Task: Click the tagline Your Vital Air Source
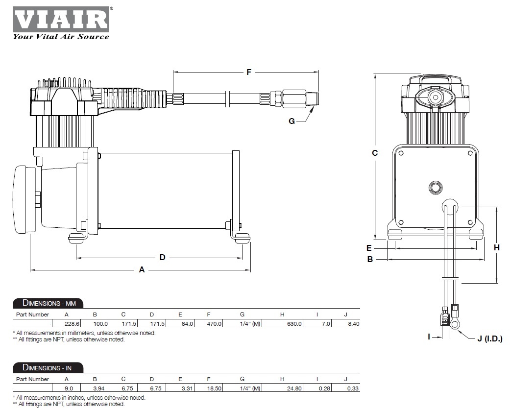pyautogui.click(x=61, y=36)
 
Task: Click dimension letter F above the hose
pyautogui.click(x=248, y=72)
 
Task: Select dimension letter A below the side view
pyautogui.click(x=142, y=269)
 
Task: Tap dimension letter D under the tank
pyautogui.click(x=163, y=257)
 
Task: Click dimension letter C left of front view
pyautogui.click(x=375, y=153)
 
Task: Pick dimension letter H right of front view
pyautogui.click(x=496, y=247)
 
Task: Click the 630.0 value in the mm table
pyautogui.click(x=295, y=323)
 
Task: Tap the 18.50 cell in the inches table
pyautogui.click(x=215, y=388)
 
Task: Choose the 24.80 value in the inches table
pyautogui.click(x=295, y=388)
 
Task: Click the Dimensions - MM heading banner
pyautogui.click(x=48, y=302)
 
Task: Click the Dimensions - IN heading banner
pyautogui.click(x=48, y=367)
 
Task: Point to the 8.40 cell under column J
pyautogui.click(x=352, y=323)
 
